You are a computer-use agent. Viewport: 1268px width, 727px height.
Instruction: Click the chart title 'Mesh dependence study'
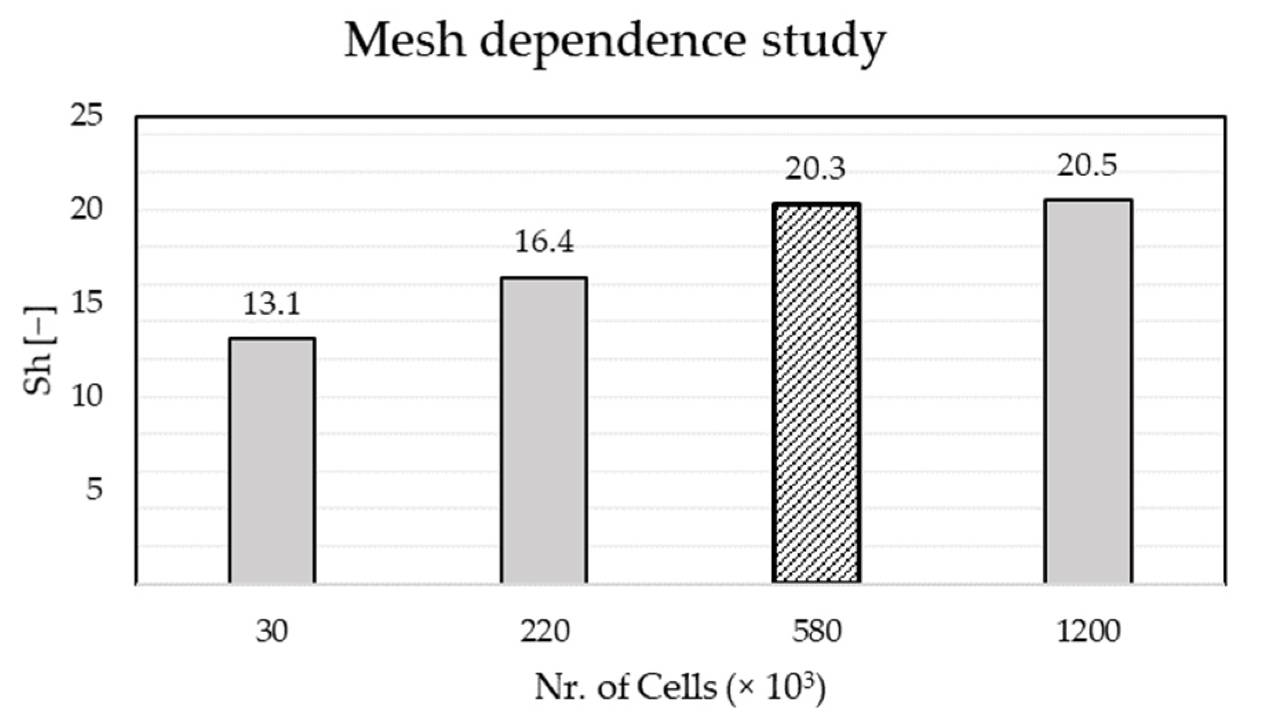click(614, 42)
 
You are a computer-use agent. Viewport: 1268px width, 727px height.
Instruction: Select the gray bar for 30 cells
click(272, 461)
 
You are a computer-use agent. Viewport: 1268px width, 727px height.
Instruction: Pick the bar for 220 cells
click(544, 430)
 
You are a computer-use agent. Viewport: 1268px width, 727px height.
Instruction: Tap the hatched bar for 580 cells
click(816, 393)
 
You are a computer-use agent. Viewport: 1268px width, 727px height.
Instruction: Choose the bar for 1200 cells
click(1088, 392)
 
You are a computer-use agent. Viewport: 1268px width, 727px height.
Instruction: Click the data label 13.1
click(272, 305)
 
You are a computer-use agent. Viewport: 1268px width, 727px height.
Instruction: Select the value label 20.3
click(816, 170)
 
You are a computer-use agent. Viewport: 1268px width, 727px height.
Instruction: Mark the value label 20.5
click(1088, 166)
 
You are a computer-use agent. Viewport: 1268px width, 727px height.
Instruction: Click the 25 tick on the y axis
click(86, 116)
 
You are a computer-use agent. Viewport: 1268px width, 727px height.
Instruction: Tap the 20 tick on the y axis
click(86, 210)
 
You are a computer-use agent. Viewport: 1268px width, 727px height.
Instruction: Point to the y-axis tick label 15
click(86, 303)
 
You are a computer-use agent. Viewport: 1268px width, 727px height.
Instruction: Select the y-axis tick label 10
click(86, 396)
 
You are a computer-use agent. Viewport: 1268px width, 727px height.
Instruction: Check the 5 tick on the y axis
click(94, 489)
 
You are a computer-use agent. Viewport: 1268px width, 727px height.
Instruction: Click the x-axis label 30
click(272, 632)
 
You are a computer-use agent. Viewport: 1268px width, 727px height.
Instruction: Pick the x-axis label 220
click(544, 632)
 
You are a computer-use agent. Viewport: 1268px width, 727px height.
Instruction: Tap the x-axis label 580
click(816, 632)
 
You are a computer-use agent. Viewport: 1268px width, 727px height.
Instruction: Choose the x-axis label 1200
click(1088, 632)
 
